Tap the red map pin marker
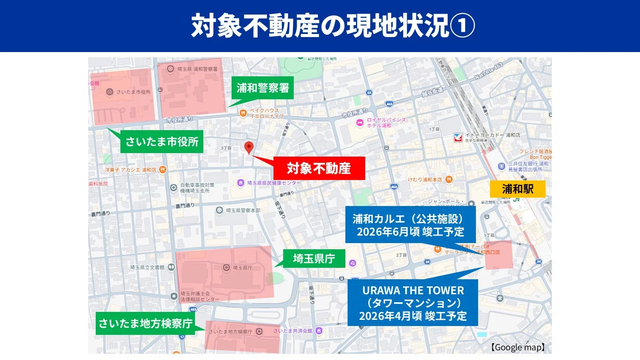tap(249, 147)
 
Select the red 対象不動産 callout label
tap(319, 168)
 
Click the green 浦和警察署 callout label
tap(262, 88)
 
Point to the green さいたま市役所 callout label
tap(162, 142)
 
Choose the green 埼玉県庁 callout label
tap(314, 259)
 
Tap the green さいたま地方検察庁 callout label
tap(145, 323)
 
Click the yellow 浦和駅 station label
tap(517, 189)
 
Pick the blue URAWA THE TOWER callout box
tap(412, 303)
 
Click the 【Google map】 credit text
tap(518, 347)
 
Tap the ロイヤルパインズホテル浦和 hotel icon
tap(360, 122)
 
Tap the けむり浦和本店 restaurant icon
tap(449, 179)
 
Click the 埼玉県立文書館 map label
tap(147, 267)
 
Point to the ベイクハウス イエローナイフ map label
tap(264, 113)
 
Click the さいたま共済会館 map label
tap(292, 331)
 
